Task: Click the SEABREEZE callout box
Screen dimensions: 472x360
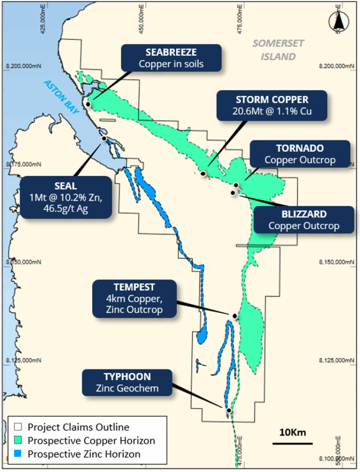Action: click(x=171, y=58)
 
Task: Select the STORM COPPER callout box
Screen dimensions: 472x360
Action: click(x=272, y=106)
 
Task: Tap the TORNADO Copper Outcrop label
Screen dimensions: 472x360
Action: click(x=300, y=154)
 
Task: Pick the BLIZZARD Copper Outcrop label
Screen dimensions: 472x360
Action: click(x=304, y=220)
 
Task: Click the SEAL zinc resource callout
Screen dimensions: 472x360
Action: click(x=66, y=197)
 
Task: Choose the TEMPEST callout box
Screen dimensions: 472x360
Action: click(x=134, y=298)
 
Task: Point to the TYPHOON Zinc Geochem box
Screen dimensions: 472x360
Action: click(x=127, y=382)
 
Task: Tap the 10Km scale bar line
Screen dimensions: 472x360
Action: click(x=292, y=443)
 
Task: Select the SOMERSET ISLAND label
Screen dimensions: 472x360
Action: click(x=278, y=50)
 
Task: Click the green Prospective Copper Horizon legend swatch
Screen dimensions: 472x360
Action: click(x=18, y=441)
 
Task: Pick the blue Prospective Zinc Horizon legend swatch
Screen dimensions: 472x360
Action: click(x=18, y=454)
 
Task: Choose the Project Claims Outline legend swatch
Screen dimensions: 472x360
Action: click(x=18, y=427)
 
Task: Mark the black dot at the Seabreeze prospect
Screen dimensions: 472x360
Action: click(x=88, y=105)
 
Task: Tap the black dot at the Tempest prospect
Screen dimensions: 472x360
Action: click(x=235, y=316)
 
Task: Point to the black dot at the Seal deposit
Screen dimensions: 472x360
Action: click(x=104, y=138)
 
